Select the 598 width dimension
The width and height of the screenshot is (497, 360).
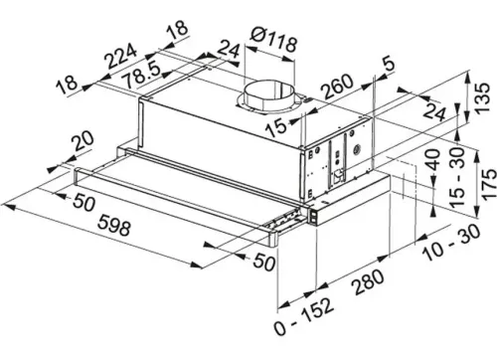114,225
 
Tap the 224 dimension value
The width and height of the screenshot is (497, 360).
120,56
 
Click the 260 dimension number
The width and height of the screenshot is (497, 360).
338,87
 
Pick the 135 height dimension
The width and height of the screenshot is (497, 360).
481,98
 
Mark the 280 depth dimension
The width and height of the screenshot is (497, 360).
369,281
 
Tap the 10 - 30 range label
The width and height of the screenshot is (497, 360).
452,243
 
